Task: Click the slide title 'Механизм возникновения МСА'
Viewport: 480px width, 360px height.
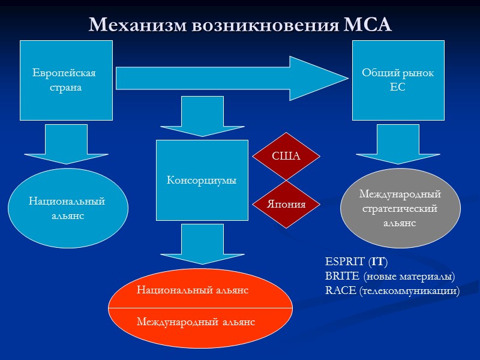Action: (x=240, y=25)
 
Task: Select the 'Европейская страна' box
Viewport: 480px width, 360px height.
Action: (x=66, y=80)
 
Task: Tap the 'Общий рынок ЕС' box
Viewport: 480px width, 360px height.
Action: (x=398, y=80)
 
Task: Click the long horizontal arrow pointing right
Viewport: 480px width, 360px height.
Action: (x=231, y=77)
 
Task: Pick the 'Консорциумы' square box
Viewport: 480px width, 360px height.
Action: (x=202, y=180)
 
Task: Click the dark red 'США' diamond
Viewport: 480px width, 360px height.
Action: (x=286, y=157)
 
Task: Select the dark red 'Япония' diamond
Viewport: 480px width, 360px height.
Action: (x=286, y=204)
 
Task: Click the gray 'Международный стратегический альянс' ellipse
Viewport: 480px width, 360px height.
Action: (x=400, y=208)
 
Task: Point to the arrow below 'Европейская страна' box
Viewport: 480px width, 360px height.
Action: (x=66, y=144)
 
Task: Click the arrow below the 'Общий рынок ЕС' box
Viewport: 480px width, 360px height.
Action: (x=398, y=144)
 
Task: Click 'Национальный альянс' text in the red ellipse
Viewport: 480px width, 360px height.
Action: (x=193, y=290)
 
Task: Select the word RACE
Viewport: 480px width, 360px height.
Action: (x=338, y=291)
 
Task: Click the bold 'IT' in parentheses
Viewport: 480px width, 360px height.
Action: (x=378, y=262)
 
